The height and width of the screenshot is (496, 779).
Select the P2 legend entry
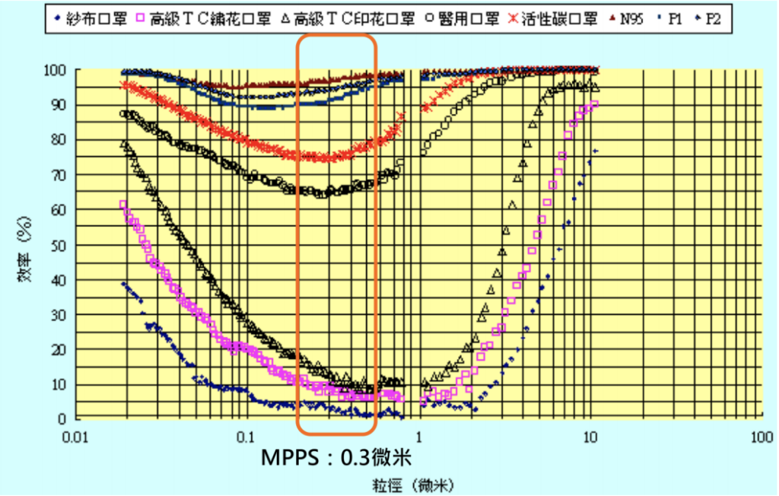coord(711,18)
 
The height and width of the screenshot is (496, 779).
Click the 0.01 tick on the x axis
coord(73,439)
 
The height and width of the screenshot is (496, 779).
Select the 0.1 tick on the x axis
coord(245,439)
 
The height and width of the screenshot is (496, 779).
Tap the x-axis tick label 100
coord(761,439)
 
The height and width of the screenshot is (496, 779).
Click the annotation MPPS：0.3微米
coord(336,458)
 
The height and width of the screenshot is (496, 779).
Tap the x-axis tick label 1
coord(418,439)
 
